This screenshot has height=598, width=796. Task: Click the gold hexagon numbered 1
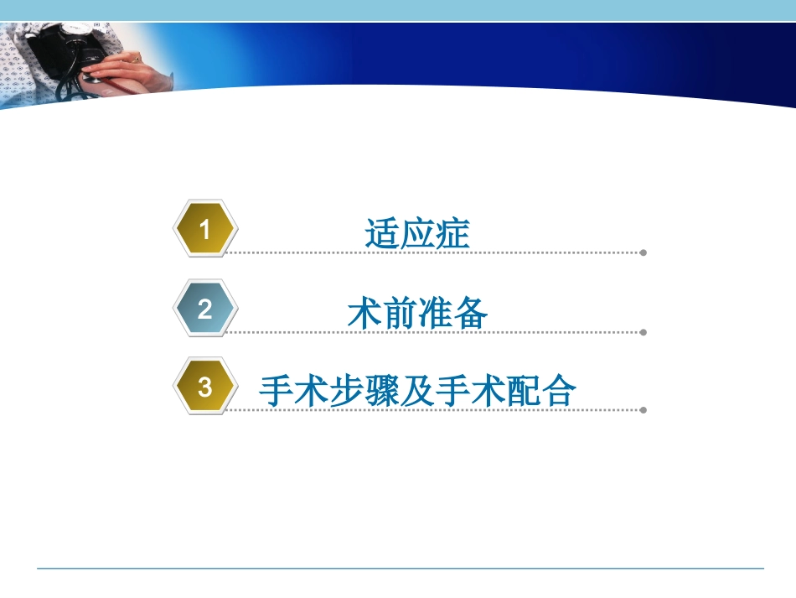pos(205,229)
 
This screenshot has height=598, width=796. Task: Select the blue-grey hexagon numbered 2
pos(205,309)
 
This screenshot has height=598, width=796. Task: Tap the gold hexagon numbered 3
pos(205,387)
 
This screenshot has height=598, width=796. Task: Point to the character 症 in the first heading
pos(453,233)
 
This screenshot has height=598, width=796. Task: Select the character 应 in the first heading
pos(417,233)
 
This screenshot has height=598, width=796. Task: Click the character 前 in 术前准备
pos(400,313)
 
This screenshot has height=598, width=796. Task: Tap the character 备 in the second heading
pos(471,313)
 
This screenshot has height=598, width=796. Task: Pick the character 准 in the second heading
pos(436,313)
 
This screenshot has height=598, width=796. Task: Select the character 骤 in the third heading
pos(382,392)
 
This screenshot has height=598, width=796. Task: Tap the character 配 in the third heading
pos(524,392)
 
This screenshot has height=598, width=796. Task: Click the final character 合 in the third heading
pos(559,392)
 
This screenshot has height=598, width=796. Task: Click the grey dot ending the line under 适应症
pos(643,252)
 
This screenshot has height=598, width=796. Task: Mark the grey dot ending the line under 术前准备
pos(643,332)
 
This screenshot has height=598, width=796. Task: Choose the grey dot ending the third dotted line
pos(643,411)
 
